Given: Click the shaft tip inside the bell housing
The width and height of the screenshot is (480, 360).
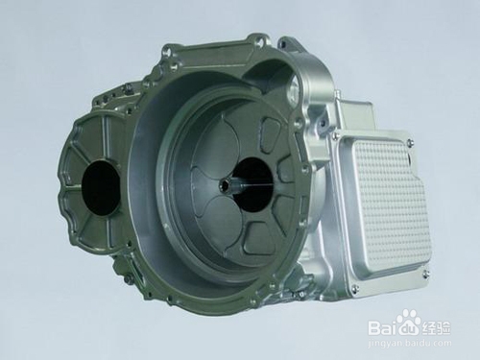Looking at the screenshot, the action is (223, 183).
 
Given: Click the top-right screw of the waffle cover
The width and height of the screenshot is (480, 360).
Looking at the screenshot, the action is (409, 140).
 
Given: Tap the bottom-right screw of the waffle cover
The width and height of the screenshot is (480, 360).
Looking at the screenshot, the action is (425, 273).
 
